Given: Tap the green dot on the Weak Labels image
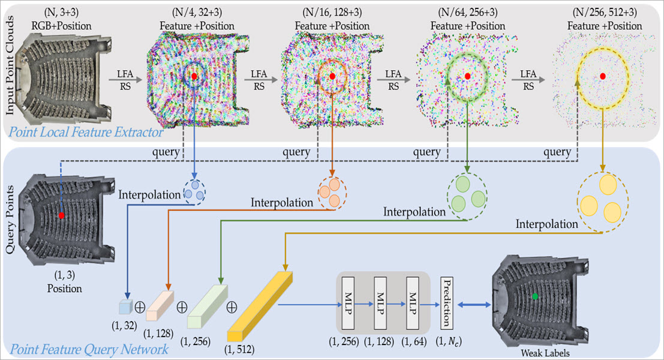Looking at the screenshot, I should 534,296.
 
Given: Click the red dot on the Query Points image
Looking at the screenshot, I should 61,215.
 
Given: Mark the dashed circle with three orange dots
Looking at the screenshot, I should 331,193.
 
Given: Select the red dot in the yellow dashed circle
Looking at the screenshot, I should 603,76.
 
